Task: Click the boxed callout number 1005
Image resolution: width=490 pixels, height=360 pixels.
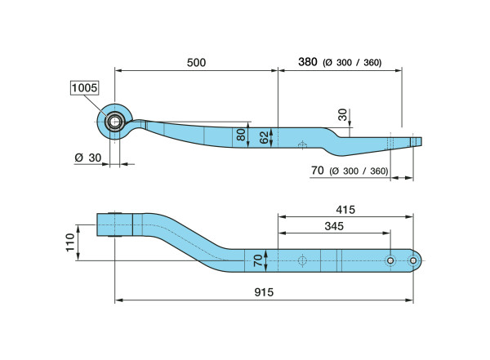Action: point(84,88)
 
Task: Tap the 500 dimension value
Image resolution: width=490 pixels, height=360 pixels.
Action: point(196,63)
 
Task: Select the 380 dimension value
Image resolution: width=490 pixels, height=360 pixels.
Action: point(308,62)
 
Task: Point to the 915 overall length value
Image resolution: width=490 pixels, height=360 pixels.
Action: point(264,292)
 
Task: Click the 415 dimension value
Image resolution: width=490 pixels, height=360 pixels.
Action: point(345,209)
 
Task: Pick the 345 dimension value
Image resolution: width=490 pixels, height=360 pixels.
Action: point(334,226)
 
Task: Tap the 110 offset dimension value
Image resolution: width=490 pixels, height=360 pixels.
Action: point(70,242)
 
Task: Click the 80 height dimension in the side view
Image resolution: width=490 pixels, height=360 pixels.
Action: point(241,135)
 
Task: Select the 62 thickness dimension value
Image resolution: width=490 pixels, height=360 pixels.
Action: point(265,137)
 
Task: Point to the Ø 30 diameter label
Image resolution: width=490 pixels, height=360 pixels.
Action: point(88,158)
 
